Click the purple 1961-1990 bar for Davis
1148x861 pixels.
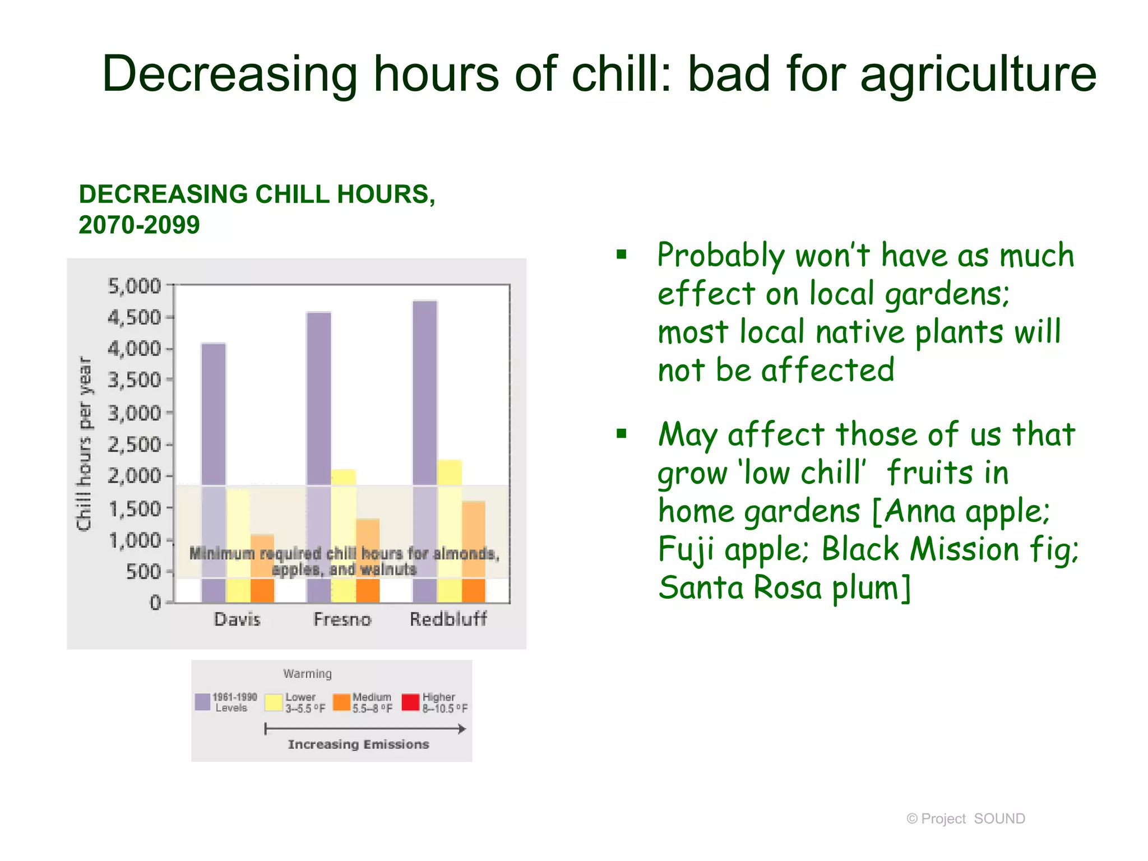(x=214, y=471)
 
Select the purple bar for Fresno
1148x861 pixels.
(x=319, y=454)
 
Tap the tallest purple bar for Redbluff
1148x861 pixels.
(x=425, y=448)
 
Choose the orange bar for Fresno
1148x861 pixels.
(x=368, y=561)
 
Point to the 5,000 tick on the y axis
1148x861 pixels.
(x=135, y=286)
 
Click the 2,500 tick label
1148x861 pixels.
(x=135, y=445)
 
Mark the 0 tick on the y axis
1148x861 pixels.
(x=155, y=603)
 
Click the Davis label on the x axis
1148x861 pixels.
(x=237, y=619)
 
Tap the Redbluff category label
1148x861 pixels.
(x=448, y=619)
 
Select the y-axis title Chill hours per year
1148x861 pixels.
(x=84, y=443)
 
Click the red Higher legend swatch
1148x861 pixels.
(x=411, y=702)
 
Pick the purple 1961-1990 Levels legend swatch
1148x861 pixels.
(x=202, y=702)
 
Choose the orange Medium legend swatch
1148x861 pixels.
(x=341, y=702)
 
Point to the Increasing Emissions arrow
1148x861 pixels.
(x=365, y=729)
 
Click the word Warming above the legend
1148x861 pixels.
(x=307, y=673)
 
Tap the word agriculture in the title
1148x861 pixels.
(x=978, y=74)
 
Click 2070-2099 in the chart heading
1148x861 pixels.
(x=139, y=225)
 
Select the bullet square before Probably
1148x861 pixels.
(x=621, y=255)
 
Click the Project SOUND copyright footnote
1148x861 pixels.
(x=966, y=818)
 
